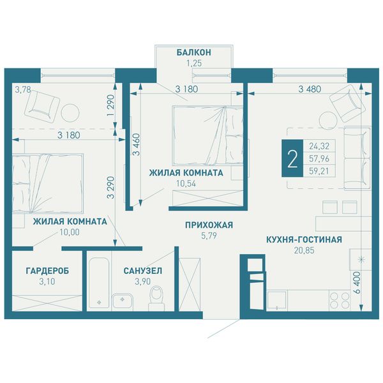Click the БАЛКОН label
tap(193, 52)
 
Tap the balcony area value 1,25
tap(194, 63)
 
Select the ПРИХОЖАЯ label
tap(209, 225)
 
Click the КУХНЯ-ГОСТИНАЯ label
tap(304, 239)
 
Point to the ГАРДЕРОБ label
tap(47, 271)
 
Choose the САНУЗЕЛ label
tap(143, 271)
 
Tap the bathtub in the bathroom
tap(99, 282)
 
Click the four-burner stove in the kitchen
tap(340, 301)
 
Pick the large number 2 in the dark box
tap(292, 158)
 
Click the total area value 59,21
tap(319, 171)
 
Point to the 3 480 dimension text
tap(310, 89)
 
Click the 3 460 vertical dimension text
tap(137, 145)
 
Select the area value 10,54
tap(186, 184)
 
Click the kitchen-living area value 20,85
tap(304, 250)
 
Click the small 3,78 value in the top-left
tap(23, 89)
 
